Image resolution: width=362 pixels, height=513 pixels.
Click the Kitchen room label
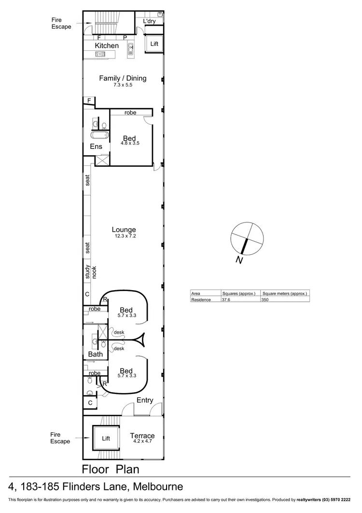point(107,45)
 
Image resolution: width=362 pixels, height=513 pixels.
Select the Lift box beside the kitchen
point(154,44)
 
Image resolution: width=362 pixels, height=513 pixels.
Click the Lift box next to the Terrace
point(106,439)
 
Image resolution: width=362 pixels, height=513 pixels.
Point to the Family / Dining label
point(123,78)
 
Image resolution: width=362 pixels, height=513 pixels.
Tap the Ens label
point(96,146)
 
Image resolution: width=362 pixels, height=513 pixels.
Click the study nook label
point(91,273)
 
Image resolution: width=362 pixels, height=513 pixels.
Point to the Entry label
point(145,400)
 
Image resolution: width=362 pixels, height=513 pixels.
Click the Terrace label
point(142,436)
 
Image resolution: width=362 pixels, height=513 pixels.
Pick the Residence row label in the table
point(201,300)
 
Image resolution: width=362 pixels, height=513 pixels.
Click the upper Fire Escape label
point(61,23)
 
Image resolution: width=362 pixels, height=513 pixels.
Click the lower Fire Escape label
point(61,438)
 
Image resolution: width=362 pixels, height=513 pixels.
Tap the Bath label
point(96,354)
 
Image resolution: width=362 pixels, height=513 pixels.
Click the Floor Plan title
point(111,469)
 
